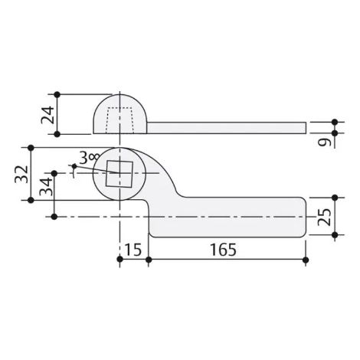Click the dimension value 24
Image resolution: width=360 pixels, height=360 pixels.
pyautogui.click(x=47, y=115)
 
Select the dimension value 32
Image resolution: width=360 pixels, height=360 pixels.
pyautogui.click(x=21, y=174)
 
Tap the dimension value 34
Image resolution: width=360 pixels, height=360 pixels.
pyautogui.click(x=47, y=186)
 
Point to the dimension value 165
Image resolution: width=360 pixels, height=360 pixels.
pyautogui.click(x=223, y=250)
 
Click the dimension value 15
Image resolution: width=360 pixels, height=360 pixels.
pyautogui.click(x=133, y=250)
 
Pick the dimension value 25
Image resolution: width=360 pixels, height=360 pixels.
pyautogui.click(x=324, y=218)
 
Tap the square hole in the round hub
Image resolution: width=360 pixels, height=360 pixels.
pyautogui.click(x=119, y=174)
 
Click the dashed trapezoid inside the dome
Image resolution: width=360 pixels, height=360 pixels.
pyautogui.click(x=119, y=120)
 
